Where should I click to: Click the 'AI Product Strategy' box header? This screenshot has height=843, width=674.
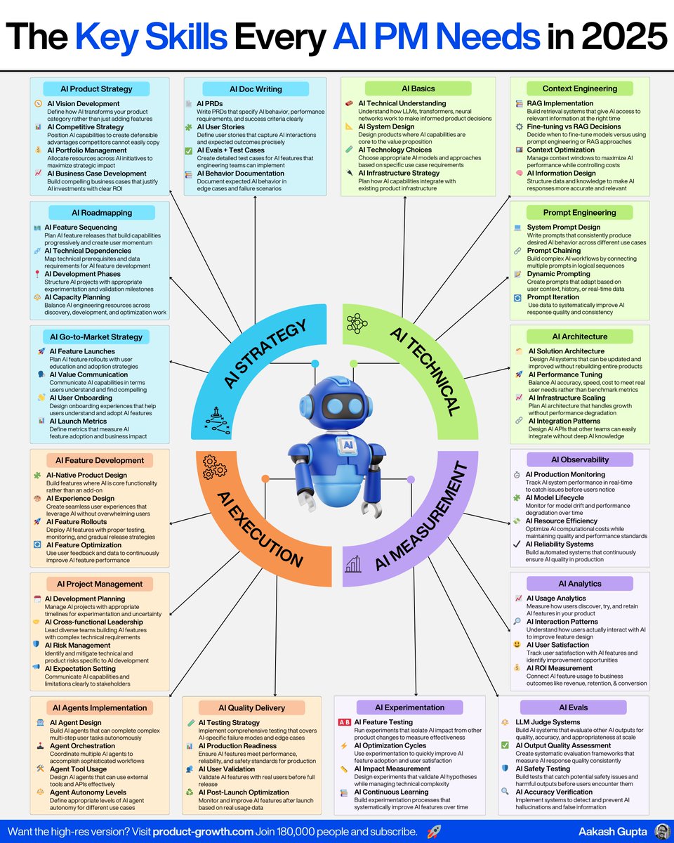coord(98,89)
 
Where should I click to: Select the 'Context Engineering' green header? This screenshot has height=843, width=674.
coord(580,89)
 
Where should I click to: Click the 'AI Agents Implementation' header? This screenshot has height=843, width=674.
coord(100,707)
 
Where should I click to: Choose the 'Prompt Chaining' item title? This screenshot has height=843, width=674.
coord(553,251)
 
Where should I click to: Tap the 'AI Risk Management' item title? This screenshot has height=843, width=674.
coord(77,645)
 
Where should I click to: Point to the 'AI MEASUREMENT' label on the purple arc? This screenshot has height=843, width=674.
coord(421,514)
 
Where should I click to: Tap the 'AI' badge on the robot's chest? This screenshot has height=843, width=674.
coord(347,445)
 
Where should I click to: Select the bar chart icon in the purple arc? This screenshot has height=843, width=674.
coord(353,562)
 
